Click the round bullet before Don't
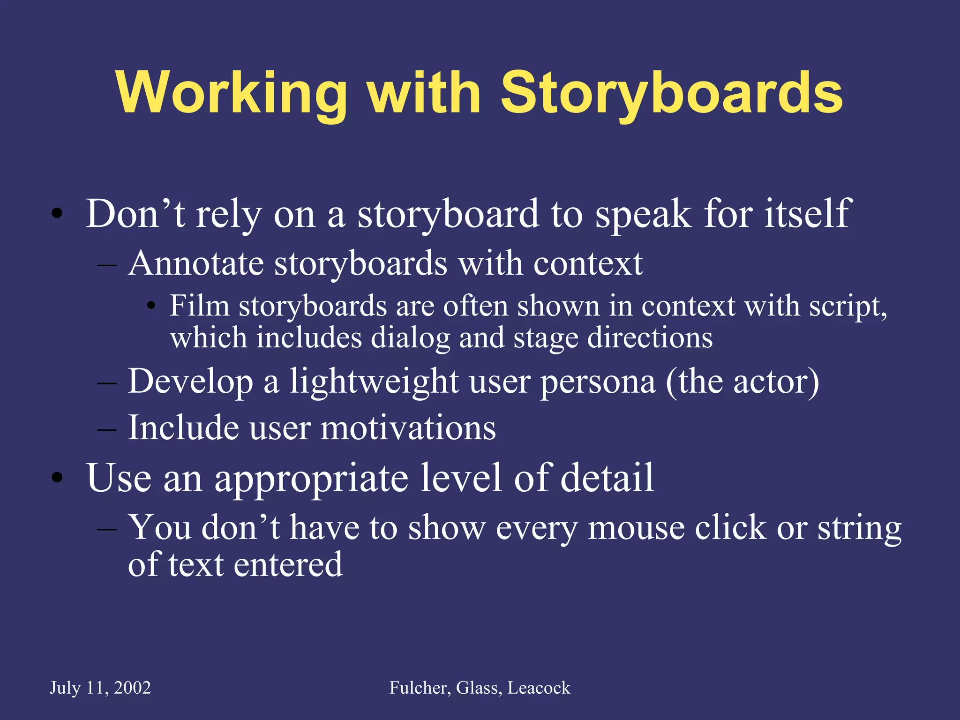pyautogui.click(x=57, y=214)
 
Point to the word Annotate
pyautogui.click(x=195, y=263)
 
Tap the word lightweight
pyautogui.click(x=374, y=382)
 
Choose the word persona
pyautogui.click(x=597, y=382)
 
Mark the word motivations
pyautogui.click(x=408, y=428)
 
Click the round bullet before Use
pyautogui.click(x=57, y=478)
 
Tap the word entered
pyautogui.click(x=288, y=564)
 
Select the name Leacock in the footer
pyautogui.click(x=539, y=688)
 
